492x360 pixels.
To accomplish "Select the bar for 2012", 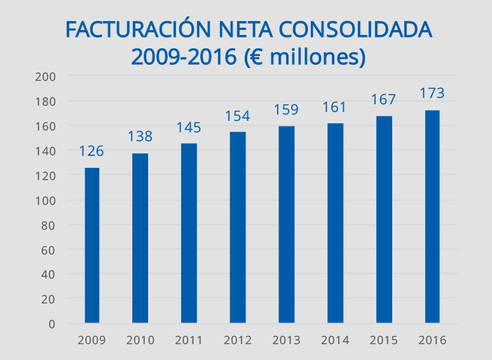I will click(238, 227).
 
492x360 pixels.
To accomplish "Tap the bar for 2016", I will click(432, 216).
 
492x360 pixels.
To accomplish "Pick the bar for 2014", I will click(335, 223).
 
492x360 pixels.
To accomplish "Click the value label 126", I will click(92, 151).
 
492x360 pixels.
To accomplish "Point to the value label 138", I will click(140, 136).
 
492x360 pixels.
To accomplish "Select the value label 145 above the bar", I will click(189, 127).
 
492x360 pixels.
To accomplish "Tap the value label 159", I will click(286, 110).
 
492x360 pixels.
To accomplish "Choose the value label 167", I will click(383, 100).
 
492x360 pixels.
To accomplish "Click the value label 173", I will click(432, 93).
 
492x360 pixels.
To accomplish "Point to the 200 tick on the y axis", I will click(48, 77).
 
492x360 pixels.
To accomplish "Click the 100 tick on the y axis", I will click(48, 200).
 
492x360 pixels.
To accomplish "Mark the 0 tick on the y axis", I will click(52, 324).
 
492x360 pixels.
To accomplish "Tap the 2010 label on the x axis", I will click(140, 340).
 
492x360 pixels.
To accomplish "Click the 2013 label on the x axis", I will click(286, 340).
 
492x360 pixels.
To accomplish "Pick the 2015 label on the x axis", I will click(383, 340).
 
